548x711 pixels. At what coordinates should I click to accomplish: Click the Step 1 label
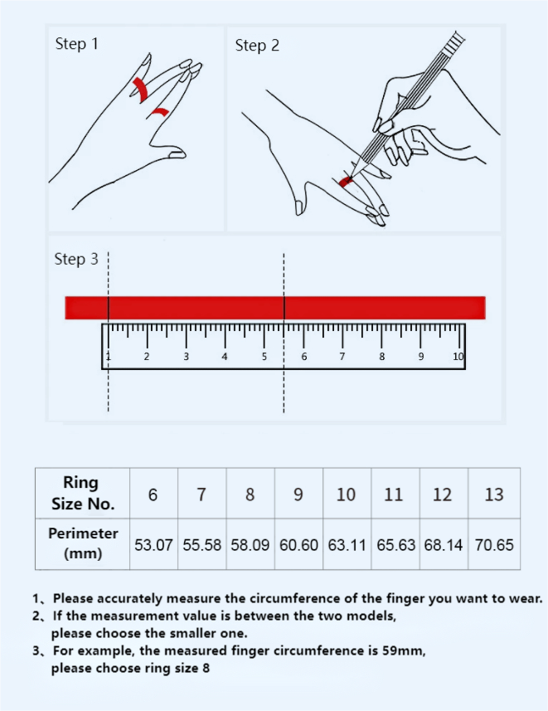coord(76,44)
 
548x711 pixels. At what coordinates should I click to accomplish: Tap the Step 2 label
coord(257,46)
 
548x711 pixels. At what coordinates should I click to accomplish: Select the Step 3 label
coord(75,260)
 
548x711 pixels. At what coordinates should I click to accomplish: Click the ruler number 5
coord(264,356)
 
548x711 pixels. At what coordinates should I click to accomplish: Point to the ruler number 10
coord(458,356)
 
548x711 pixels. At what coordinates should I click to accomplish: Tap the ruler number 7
coord(342,356)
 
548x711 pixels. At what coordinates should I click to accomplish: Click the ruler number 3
coord(186,356)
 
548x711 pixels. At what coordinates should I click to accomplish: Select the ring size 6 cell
coord(153,494)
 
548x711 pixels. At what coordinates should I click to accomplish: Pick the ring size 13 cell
coord(494,494)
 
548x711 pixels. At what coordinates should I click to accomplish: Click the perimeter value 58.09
coord(250,545)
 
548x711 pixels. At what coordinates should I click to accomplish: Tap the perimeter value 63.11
coord(347,545)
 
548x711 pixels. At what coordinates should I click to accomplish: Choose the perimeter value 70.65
coord(494,545)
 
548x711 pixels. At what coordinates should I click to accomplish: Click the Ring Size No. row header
coord(82,494)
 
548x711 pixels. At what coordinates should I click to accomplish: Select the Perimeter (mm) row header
coord(82,543)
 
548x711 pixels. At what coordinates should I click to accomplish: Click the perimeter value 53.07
coord(153,545)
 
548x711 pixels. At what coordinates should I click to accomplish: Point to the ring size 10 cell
coord(347,494)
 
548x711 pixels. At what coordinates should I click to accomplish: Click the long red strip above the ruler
coord(274,307)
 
